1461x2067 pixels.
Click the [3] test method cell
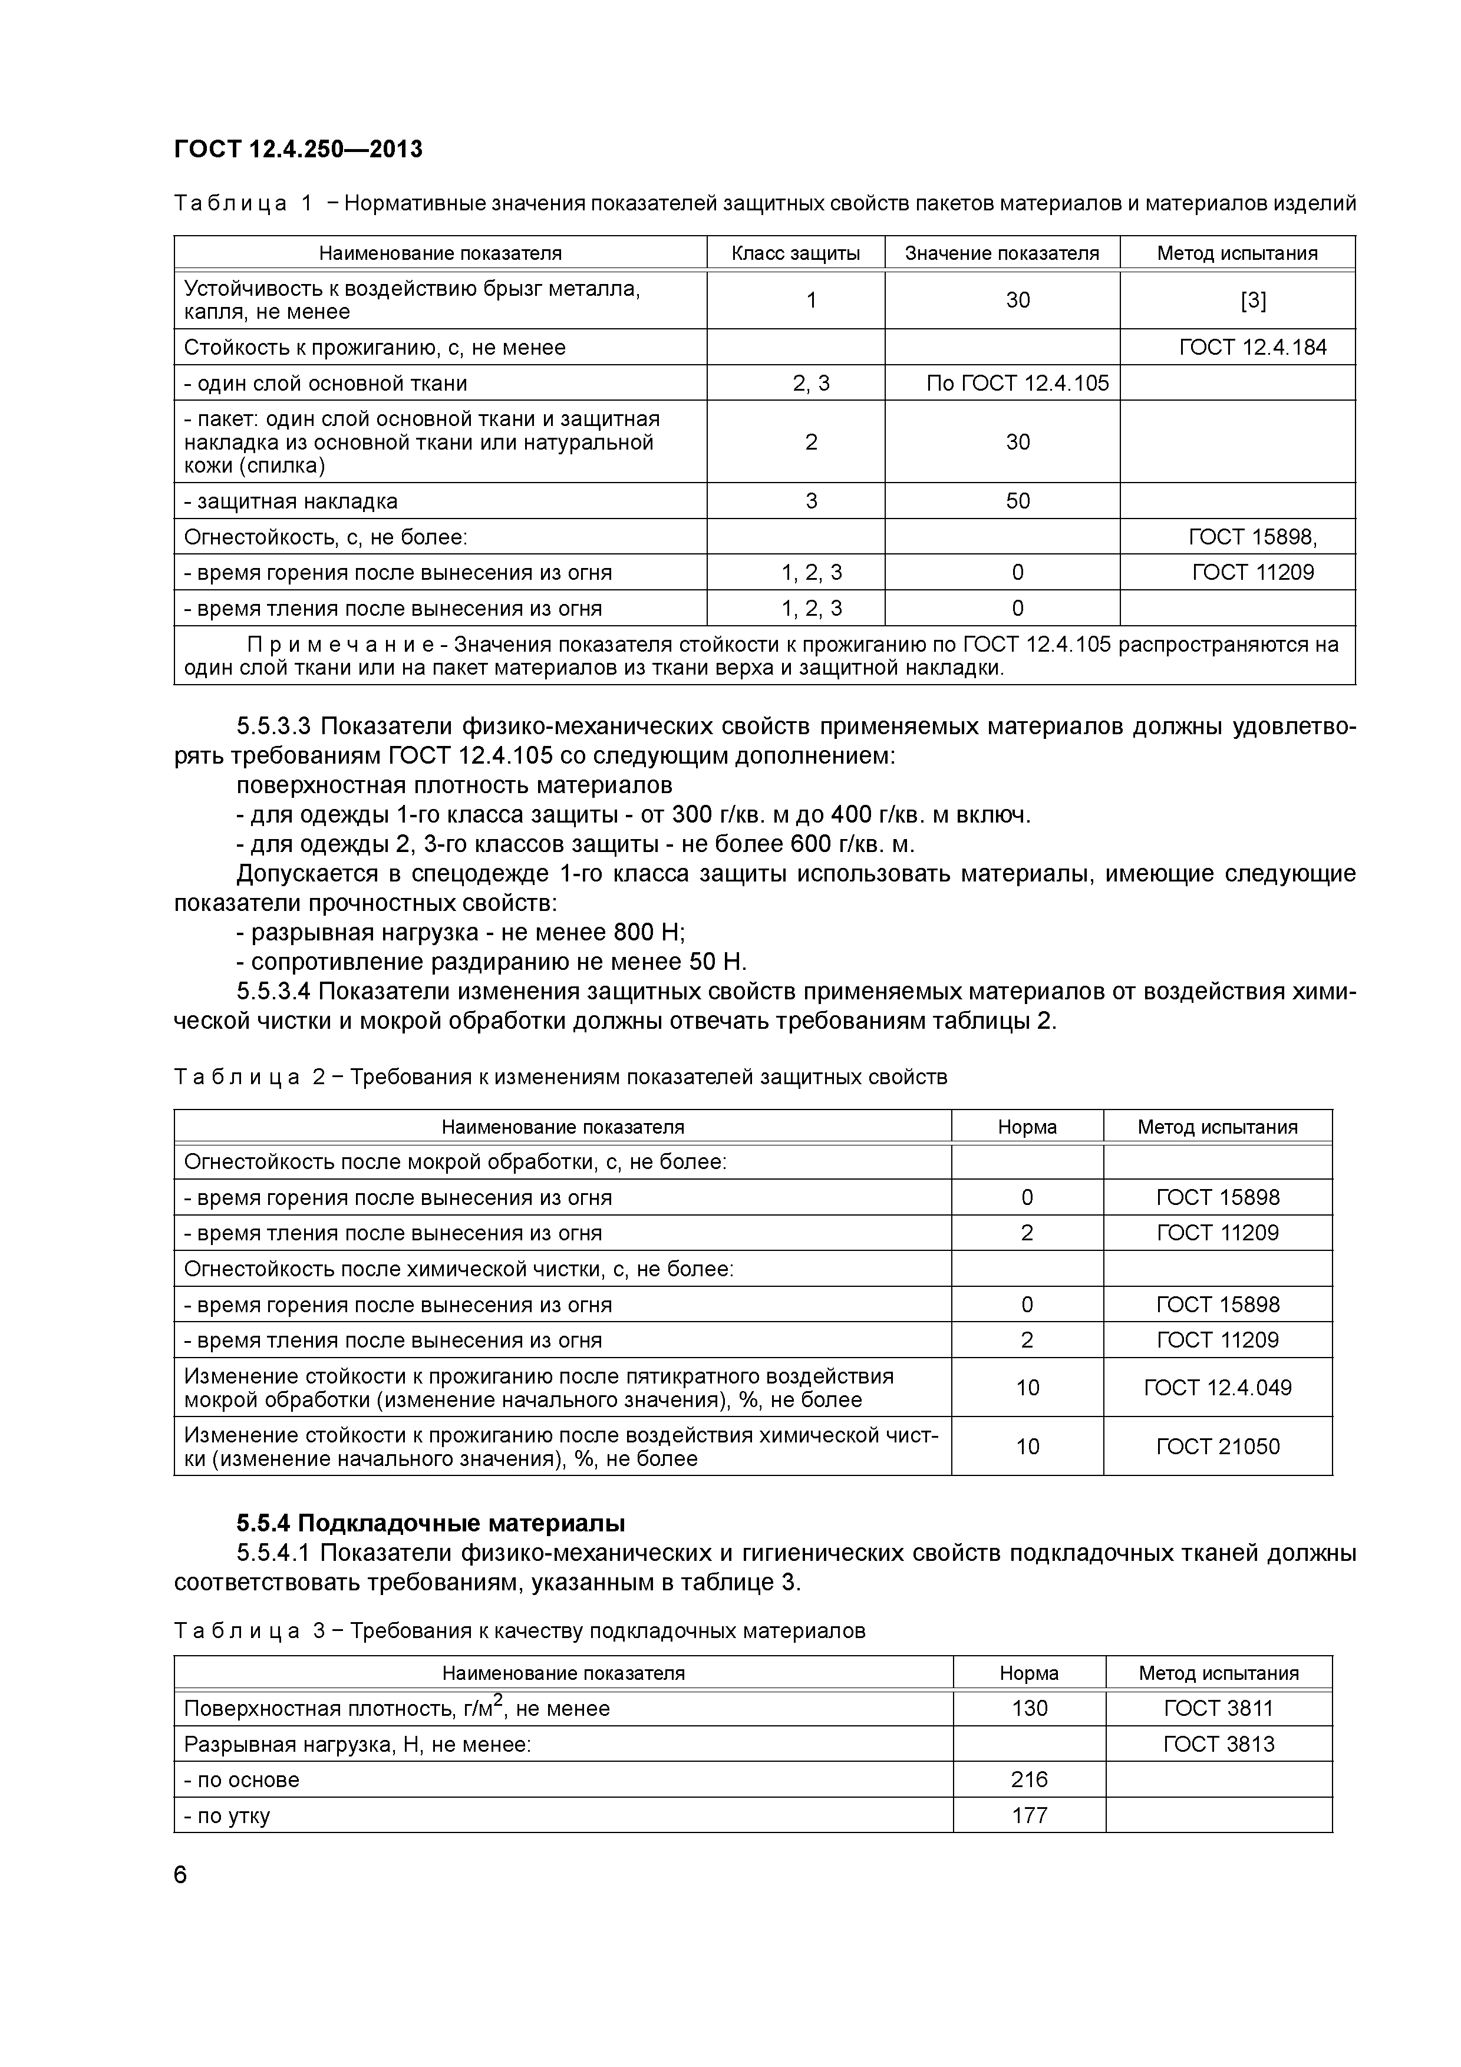tap(1253, 301)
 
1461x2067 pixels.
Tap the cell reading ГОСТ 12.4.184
tap(1252, 348)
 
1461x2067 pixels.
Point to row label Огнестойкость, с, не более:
tap(326, 537)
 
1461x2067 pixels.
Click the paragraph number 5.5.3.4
tap(273, 992)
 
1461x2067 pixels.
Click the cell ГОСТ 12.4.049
tap(1217, 1387)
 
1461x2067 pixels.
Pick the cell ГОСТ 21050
tap(1217, 1447)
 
